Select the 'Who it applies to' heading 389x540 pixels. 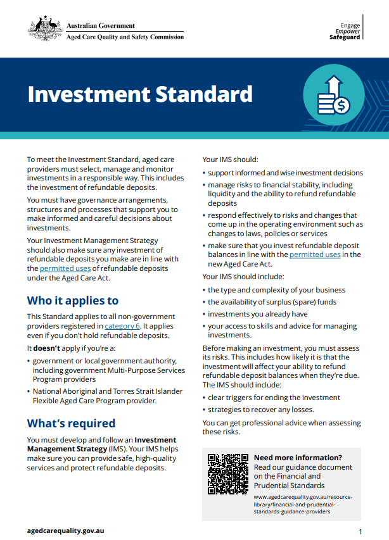(72, 301)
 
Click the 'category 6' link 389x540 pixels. (122, 326)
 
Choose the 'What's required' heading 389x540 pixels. (71, 423)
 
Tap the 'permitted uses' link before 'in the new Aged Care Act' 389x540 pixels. (315, 254)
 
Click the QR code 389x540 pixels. (228, 473)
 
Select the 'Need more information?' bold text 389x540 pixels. (298, 458)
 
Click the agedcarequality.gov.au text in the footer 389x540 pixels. (65, 531)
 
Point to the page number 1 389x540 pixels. (360, 531)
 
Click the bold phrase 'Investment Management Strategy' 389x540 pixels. (101, 444)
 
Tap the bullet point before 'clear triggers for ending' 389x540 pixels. (205, 398)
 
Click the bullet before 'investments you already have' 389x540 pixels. (205, 315)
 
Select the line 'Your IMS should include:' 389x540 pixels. (243, 277)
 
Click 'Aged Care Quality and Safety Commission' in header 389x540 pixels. (125, 37)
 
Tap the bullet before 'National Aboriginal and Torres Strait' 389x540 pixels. (29, 392)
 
